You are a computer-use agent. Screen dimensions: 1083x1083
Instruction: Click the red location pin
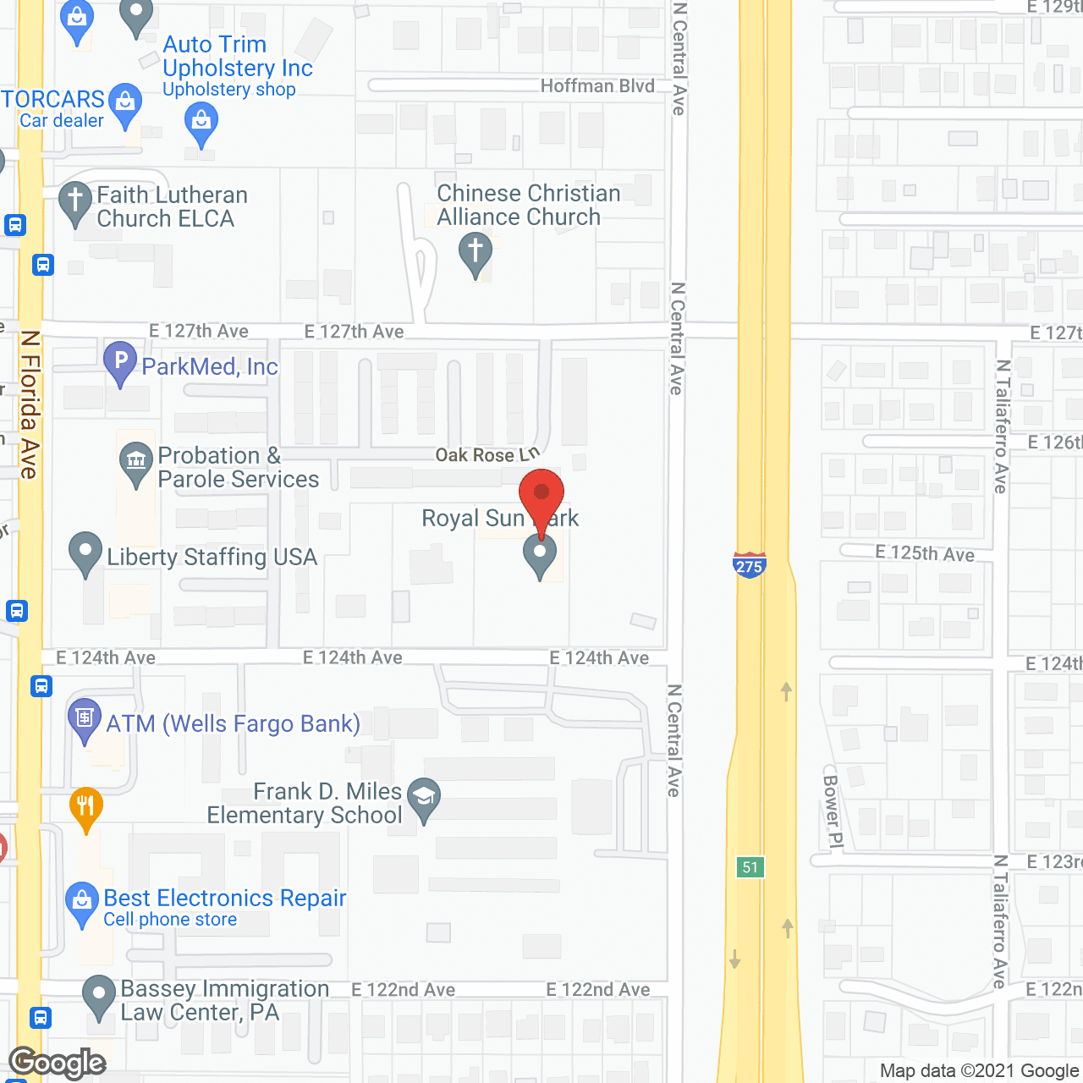pos(541,496)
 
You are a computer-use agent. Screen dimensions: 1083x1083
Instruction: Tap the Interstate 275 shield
pos(749,564)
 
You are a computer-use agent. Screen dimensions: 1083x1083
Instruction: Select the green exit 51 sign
pos(750,867)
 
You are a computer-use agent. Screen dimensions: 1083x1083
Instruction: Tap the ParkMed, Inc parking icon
pos(120,361)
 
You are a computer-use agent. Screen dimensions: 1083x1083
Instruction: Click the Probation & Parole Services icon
pos(135,462)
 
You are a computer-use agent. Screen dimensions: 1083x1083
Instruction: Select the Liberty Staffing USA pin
pos(85,552)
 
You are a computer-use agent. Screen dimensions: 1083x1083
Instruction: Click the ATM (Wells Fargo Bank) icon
pos(84,720)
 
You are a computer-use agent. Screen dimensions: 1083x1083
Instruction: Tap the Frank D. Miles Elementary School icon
pos(424,797)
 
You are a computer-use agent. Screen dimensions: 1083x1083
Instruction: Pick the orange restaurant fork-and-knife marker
pos(85,805)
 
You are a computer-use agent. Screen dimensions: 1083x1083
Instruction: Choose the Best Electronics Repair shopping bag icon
pos(82,902)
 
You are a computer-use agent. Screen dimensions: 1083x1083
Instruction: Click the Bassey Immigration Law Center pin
pos(99,995)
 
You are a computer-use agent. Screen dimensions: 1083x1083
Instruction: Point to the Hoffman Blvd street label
pos(597,86)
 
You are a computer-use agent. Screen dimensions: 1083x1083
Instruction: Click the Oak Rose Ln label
pos(487,455)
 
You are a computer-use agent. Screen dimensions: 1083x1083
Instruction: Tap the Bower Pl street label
pos(833,811)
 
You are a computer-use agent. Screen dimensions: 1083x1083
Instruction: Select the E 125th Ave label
pos(925,553)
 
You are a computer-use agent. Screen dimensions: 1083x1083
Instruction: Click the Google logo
pos(58,1063)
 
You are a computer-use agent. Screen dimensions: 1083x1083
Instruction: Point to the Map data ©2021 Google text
pos(980,1071)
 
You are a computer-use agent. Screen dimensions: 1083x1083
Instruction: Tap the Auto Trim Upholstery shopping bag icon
pos(201,122)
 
